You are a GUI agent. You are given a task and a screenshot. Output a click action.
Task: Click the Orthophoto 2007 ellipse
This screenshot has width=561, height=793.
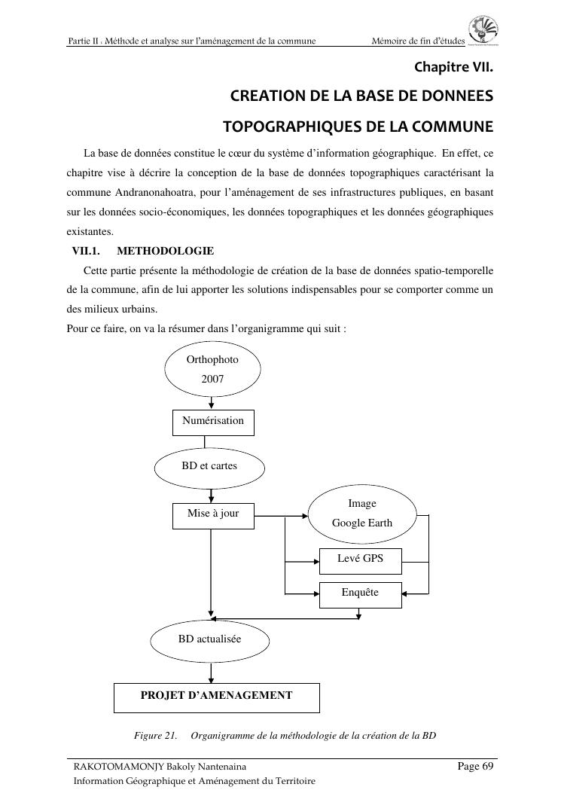[212, 369]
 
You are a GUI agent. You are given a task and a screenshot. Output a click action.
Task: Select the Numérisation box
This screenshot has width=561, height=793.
[213, 422]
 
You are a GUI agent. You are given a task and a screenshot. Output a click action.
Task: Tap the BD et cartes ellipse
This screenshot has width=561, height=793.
[209, 467]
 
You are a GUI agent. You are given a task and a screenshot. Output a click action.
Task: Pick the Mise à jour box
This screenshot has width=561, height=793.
[213, 514]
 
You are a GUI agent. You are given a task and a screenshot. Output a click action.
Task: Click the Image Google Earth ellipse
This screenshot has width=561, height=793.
[361, 514]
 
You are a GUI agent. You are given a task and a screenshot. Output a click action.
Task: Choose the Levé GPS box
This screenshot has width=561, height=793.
[360, 560]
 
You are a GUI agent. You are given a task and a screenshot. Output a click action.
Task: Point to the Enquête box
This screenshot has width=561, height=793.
[360, 593]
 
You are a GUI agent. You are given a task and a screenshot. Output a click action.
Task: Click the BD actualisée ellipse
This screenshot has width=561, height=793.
[209, 639]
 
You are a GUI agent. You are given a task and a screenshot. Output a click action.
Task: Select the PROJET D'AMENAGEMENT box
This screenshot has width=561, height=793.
[216, 697]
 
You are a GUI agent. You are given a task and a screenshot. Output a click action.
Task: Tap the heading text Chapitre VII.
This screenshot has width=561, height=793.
[453, 68]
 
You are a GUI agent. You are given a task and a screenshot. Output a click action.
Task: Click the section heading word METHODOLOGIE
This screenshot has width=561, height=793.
[166, 251]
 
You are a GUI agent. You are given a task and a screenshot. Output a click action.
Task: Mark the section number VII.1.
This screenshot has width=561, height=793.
[86, 251]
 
